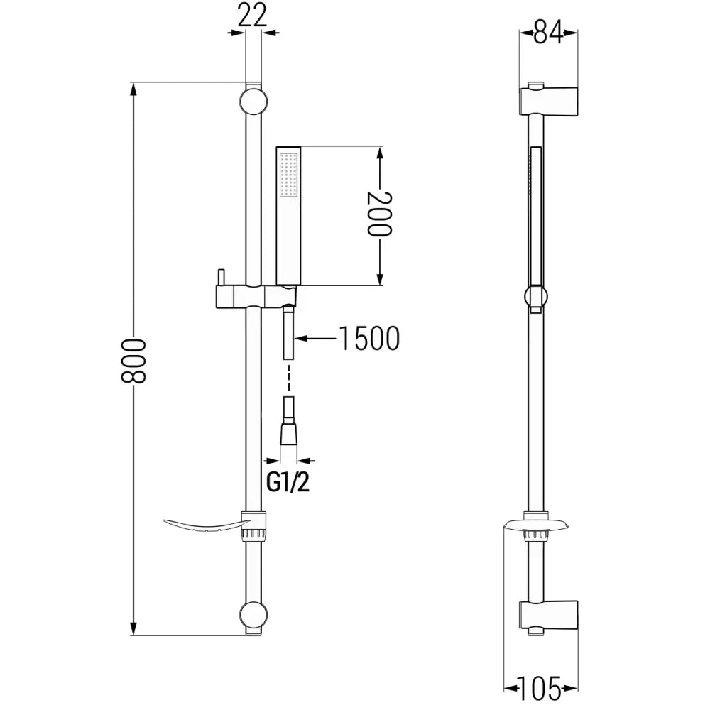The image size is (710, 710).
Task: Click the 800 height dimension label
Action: (133, 361)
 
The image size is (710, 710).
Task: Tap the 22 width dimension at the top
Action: (253, 15)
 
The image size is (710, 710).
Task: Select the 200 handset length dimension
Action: (381, 214)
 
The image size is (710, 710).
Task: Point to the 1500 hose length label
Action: (368, 339)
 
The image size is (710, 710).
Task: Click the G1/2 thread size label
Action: (288, 483)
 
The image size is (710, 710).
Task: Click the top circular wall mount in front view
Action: (253, 100)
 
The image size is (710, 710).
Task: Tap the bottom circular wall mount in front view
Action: (253, 616)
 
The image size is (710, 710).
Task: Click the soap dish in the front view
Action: (202, 525)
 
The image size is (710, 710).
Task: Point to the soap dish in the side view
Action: (536, 526)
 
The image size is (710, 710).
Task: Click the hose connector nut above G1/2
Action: (288, 432)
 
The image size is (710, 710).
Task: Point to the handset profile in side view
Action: (537, 213)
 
